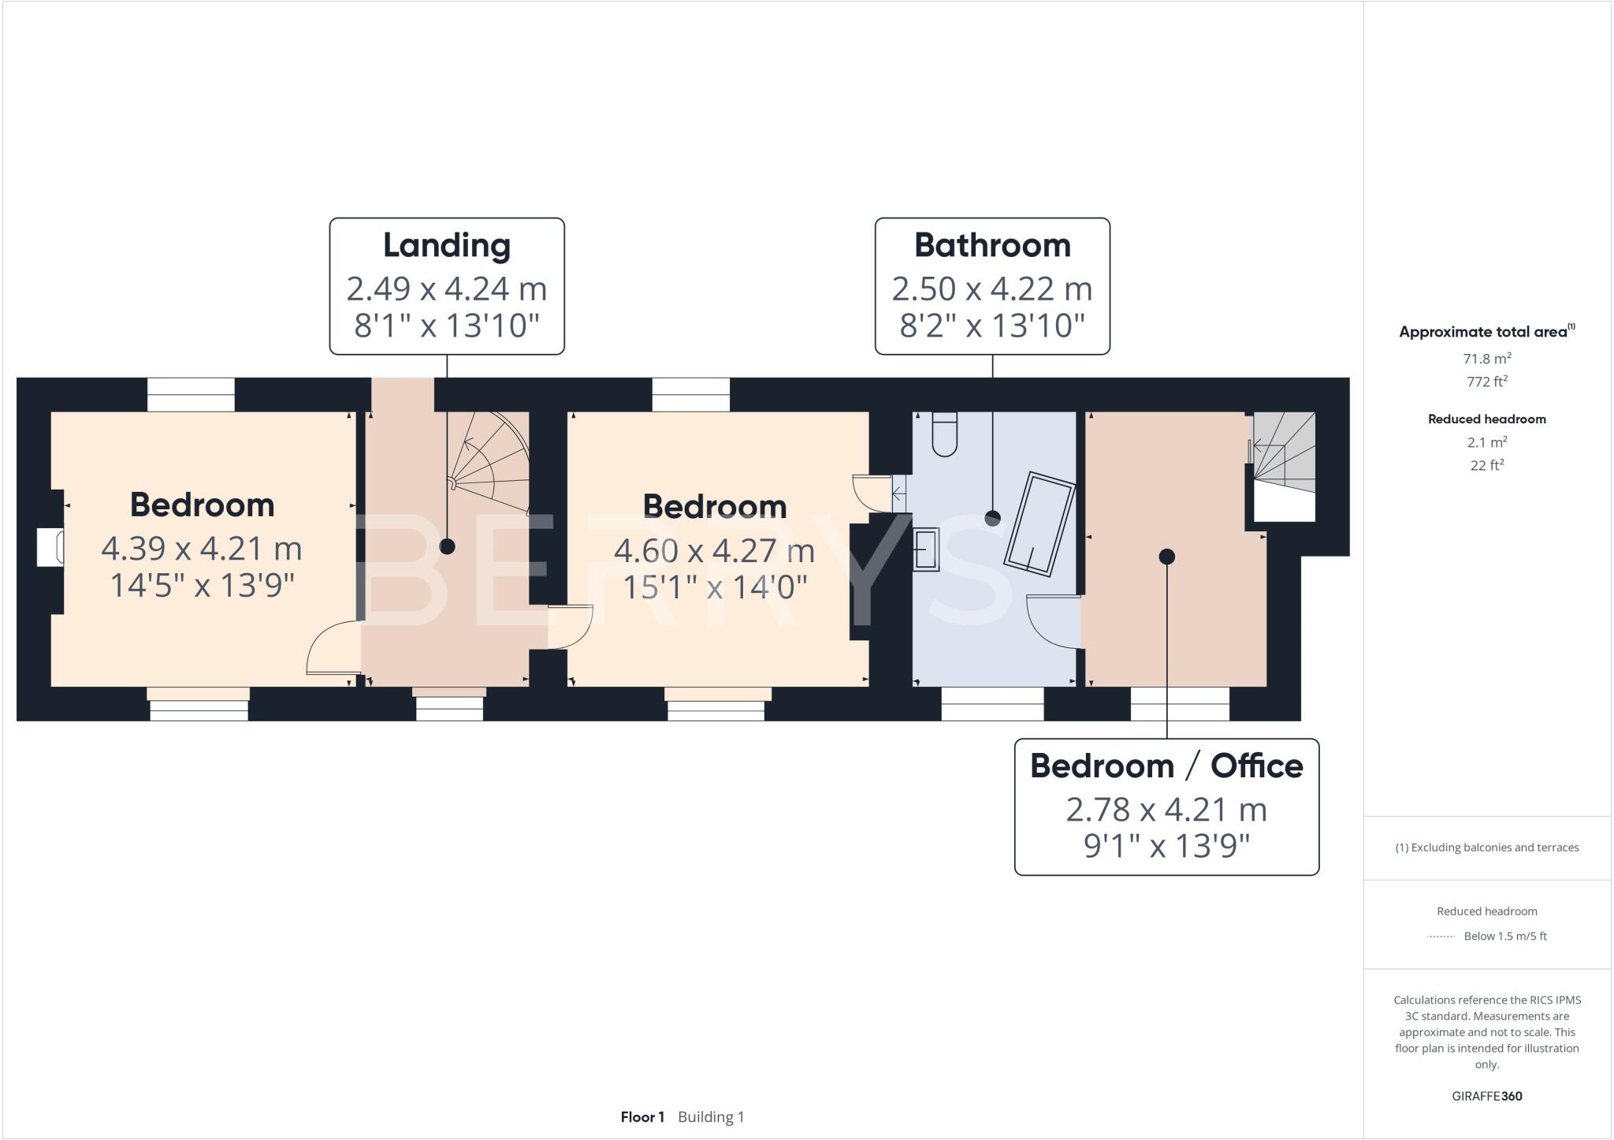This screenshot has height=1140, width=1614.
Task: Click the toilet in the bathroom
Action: tap(944, 435)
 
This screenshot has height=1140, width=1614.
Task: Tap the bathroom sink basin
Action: tap(927, 550)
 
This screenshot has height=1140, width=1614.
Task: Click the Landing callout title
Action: tap(447, 245)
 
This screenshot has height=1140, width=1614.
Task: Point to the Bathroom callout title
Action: tap(992, 245)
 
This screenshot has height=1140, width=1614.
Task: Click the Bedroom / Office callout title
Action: tap(1166, 766)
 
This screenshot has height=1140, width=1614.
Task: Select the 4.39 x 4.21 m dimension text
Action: tap(202, 548)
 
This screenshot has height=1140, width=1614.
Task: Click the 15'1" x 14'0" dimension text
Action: tap(715, 587)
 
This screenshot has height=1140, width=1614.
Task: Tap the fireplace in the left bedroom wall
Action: tap(50, 548)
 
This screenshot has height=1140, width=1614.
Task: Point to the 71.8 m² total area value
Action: tap(1486, 359)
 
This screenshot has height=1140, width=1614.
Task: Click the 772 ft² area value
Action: tap(1486, 382)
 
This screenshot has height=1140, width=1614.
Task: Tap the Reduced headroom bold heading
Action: tap(1486, 419)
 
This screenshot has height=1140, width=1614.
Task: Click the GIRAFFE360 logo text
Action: tap(1486, 1096)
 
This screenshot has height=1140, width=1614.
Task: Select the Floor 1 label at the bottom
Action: tap(642, 1117)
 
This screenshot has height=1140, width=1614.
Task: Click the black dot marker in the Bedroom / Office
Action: tap(1167, 557)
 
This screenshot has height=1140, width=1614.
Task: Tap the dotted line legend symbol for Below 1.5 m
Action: tap(1441, 937)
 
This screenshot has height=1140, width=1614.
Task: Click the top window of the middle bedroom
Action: tap(691, 394)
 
